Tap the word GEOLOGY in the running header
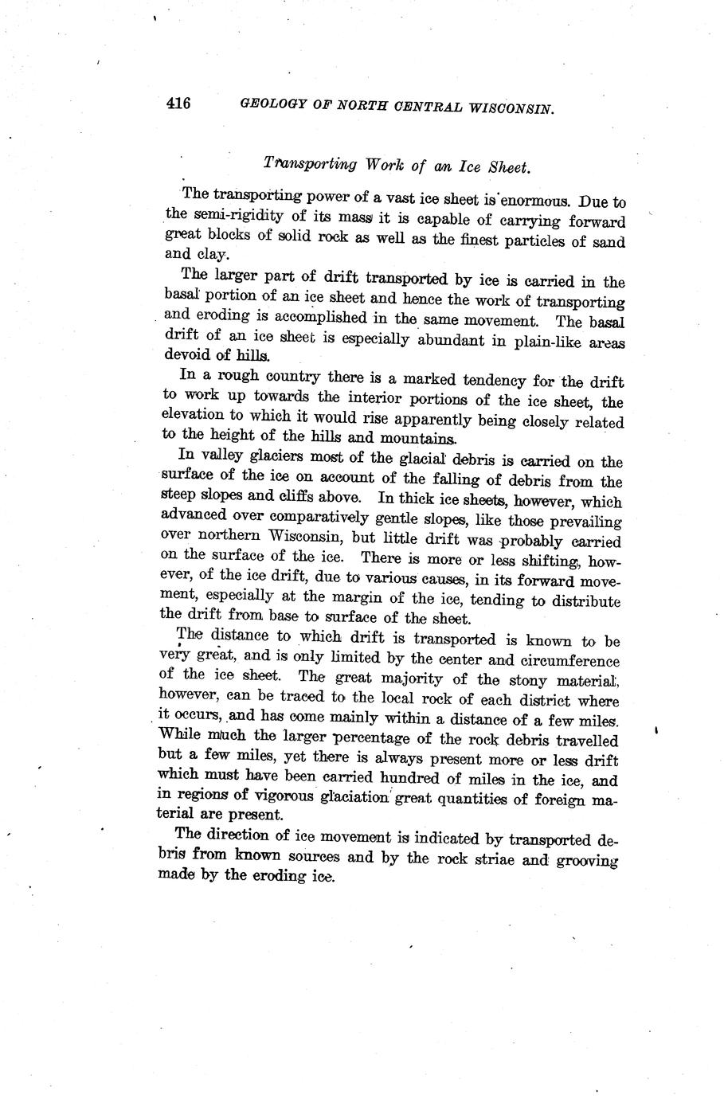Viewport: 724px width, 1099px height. [268, 105]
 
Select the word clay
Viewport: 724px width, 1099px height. [213, 255]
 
